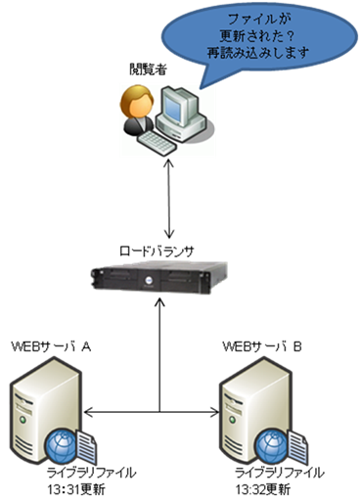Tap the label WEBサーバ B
262,348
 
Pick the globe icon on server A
62,446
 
